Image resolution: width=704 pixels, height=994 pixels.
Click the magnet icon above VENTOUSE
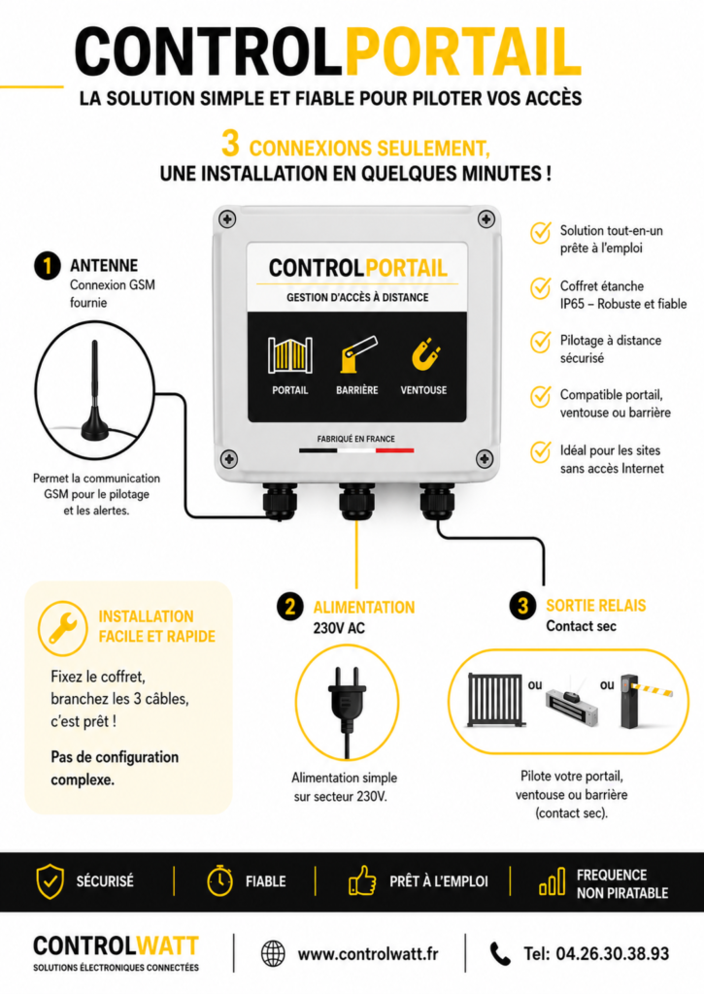[425, 355]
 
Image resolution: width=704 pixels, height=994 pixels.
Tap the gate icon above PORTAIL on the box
[289, 354]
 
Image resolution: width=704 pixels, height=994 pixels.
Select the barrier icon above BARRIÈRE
[357, 353]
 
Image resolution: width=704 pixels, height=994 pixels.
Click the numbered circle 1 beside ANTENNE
[47, 266]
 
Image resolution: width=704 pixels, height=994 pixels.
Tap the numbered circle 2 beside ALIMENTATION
[289, 607]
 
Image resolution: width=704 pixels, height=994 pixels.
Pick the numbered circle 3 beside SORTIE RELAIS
[522, 606]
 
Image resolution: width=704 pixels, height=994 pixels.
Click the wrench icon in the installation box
[62, 628]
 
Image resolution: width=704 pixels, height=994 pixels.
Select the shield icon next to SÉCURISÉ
[50, 881]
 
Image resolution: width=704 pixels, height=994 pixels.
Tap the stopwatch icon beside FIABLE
[219, 880]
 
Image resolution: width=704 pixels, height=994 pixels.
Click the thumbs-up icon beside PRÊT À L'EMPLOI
[362, 880]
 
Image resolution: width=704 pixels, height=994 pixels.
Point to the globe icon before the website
[274, 953]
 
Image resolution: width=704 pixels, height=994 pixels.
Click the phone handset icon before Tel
[500, 954]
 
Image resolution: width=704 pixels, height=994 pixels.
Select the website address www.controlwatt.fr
[368, 953]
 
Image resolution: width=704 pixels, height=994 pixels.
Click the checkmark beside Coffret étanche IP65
[540, 287]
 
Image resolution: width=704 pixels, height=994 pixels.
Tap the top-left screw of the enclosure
[227, 219]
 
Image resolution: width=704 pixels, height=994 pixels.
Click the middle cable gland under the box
[357, 501]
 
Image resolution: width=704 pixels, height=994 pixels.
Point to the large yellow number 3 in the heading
[230, 144]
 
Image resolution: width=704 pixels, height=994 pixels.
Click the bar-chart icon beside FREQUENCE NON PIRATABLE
[552, 881]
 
